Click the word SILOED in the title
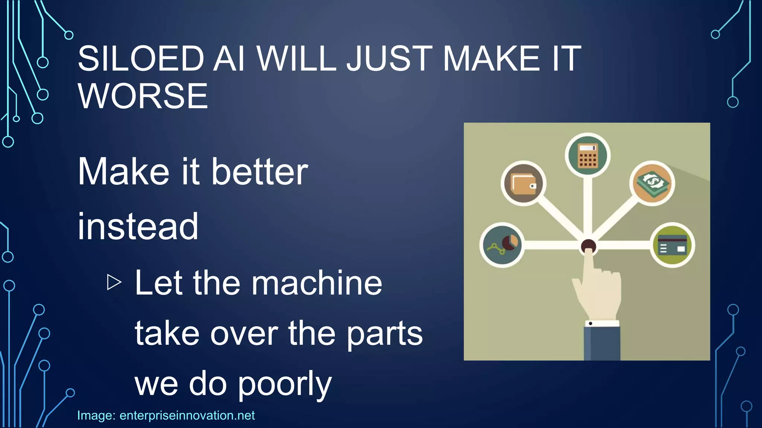tap(141, 59)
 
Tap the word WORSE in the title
tap(143, 96)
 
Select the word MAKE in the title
tap(491, 59)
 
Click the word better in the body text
tap(259, 172)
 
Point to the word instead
tap(138, 226)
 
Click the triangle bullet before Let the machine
tap(114, 282)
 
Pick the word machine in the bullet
tap(317, 283)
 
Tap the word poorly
tap(284, 385)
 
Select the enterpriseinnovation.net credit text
tap(187, 415)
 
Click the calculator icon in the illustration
tap(587, 155)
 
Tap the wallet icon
tap(523, 184)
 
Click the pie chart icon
tap(502, 245)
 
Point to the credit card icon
tap(672, 245)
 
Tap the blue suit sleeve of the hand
tap(601, 344)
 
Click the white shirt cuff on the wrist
tap(601, 323)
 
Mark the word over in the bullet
tap(244, 334)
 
